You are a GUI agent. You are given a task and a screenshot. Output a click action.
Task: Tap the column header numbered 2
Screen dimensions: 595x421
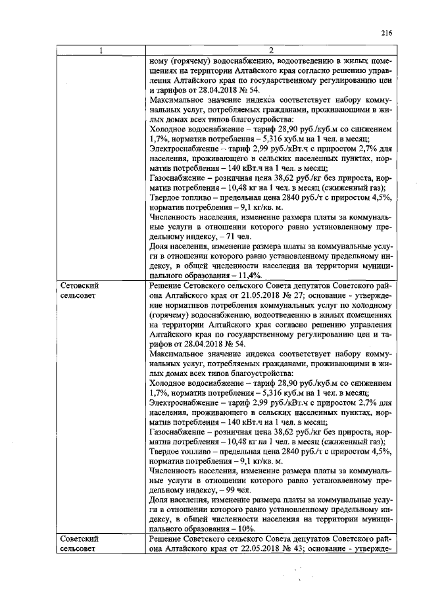tap(271, 51)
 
